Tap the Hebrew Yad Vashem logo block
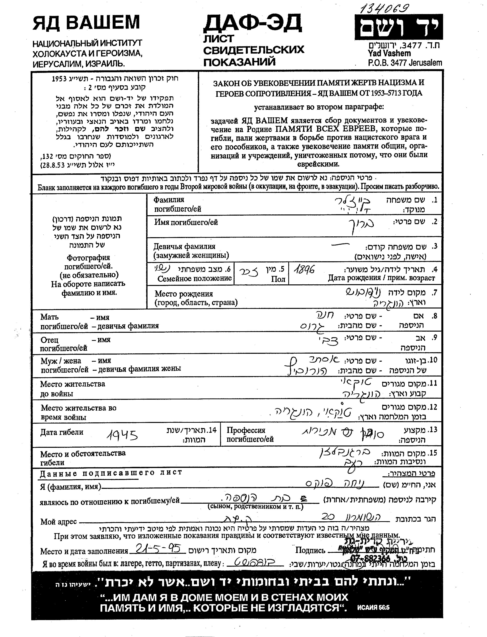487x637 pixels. [399, 27]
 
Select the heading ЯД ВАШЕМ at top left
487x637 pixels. [86, 23]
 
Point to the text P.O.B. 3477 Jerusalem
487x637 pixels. [405, 63]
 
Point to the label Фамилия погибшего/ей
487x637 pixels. [177, 204]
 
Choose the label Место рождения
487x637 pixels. [184, 294]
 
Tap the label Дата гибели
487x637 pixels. [62, 432]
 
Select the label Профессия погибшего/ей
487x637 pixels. [250, 434]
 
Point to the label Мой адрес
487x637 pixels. [58, 522]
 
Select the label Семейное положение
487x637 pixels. [194, 278]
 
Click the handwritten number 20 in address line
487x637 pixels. [329, 516]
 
